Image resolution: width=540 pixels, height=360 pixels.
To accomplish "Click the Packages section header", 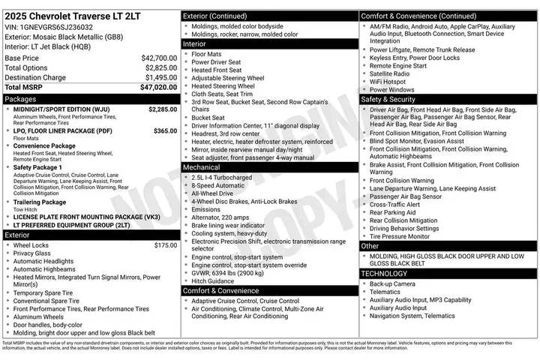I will [20, 99].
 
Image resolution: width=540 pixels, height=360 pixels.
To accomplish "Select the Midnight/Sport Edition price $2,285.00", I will [163, 109].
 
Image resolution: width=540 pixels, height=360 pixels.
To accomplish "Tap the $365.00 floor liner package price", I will [165, 130].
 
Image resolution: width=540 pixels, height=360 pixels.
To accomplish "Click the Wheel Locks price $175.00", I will [165, 245].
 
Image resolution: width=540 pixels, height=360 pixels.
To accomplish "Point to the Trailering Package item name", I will [39, 202].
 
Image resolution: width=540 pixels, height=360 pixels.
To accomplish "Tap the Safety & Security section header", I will [388, 99].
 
